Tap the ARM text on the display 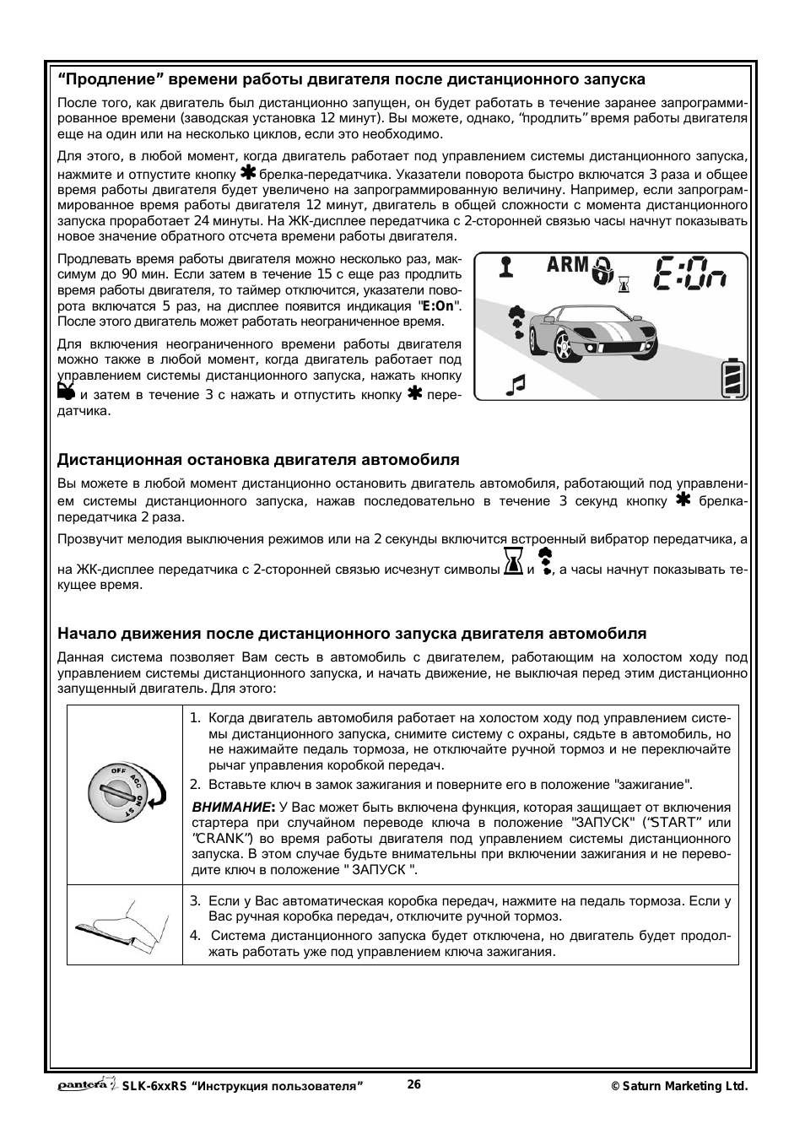point(568,265)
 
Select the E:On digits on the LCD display point(692,273)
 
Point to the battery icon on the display point(732,379)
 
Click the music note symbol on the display point(515,384)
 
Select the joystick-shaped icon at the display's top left point(505,267)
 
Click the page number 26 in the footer point(413,1085)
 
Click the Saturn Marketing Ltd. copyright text point(679,1087)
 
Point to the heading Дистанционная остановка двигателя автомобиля point(258,460)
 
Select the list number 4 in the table point(195,935)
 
